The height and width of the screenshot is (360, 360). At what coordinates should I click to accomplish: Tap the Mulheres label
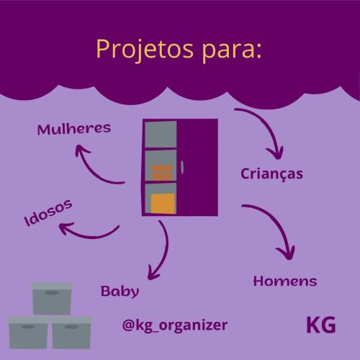(74, 129)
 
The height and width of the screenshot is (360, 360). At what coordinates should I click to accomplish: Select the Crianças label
(271, 174)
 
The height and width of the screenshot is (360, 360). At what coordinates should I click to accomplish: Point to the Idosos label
(48, 212)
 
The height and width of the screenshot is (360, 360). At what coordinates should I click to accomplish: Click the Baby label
(120, 292)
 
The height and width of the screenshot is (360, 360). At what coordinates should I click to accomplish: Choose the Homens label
(285, 281)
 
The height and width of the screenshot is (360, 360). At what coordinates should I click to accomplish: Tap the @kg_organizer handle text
(175, 325)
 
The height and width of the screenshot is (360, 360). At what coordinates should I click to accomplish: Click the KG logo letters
(321, 325)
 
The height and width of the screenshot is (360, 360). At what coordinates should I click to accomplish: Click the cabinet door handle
(182, 167)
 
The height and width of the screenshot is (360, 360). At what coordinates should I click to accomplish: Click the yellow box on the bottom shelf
(163, 204)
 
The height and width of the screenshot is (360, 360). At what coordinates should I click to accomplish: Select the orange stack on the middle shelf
(162, 172)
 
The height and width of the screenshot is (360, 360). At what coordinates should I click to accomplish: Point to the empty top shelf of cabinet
(161, 134)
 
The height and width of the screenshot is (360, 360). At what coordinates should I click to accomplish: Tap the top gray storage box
(52, 299)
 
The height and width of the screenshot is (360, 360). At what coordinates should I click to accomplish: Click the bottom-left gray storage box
(28, 333)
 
